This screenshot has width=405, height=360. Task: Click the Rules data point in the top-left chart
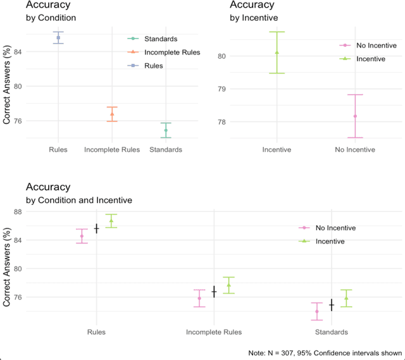[x=58, y=38]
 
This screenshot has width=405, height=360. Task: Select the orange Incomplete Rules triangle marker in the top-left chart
[x=112, y=114]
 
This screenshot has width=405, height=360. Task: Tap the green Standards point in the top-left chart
[x=166, y=130]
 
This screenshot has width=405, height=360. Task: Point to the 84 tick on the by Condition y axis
[x=17, y=51]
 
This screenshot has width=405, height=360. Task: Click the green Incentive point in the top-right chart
[x=277, y=53]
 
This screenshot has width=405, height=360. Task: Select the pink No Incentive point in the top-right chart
[x=355, y=116]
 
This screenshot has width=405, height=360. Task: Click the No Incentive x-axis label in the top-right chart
[x=355, y=150]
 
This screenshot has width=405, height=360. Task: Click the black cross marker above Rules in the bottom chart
[x=97, y=228]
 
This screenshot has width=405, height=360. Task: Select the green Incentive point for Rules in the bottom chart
[x=111, y=221]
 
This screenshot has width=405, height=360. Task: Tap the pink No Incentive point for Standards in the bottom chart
[x=317, y=311]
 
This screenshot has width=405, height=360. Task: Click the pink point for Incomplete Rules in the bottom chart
[x=199, y=298]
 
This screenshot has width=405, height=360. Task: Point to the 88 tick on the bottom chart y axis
[x=17, y=212]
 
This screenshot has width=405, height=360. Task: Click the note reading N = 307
[x=326, y=352]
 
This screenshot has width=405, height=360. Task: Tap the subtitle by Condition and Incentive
[x=78, y=200]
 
